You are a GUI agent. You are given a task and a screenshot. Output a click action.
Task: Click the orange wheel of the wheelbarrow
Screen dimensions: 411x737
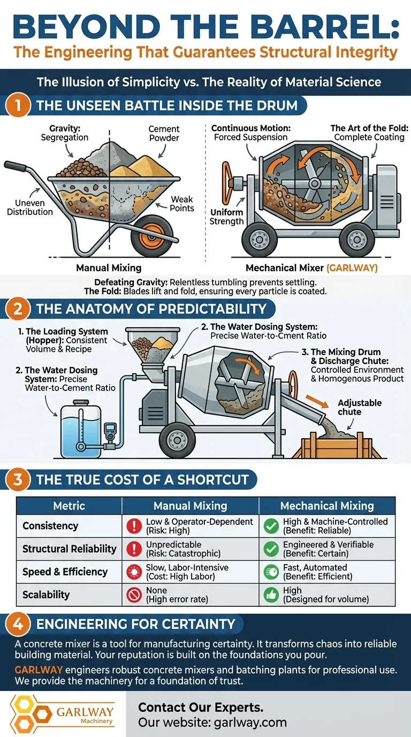151,236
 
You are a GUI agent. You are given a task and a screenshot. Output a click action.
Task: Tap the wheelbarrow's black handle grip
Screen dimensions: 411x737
15,166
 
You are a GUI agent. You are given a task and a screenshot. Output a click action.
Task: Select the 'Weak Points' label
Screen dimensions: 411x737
181,204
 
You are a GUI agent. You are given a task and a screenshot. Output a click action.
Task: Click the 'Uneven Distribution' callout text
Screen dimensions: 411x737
29,207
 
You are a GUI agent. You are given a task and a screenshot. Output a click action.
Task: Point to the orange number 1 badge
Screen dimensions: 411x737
18,106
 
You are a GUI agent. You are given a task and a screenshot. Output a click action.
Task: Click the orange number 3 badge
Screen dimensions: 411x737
18,479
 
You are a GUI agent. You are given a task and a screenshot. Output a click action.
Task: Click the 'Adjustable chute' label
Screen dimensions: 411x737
360,407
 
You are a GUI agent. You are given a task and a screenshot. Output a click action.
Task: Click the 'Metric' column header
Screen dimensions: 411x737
69,506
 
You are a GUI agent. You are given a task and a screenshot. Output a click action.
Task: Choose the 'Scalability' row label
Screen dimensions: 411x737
46,595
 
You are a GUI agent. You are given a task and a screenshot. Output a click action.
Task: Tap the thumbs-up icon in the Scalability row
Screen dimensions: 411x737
271,595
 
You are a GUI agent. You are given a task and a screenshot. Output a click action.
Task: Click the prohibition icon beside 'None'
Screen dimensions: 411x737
134,595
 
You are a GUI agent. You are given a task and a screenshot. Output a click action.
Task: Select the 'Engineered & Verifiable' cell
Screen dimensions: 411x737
328,549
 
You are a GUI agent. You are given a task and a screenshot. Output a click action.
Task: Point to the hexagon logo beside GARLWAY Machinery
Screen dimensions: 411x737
29,713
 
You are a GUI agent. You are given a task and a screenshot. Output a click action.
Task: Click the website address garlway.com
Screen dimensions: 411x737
250,723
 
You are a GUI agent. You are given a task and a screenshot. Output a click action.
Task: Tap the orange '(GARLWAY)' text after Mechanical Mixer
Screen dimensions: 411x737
352,268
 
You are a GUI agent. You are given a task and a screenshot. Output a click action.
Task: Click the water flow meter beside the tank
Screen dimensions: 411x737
110,431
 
